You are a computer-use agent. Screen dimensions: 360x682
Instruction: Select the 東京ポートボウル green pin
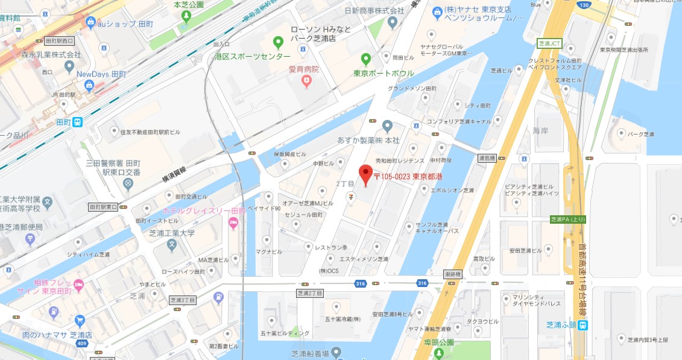[x=365, y=59]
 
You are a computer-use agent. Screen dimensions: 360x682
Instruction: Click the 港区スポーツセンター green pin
[x=278, y=42]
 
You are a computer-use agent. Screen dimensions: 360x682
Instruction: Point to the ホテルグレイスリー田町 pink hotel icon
[x=233, y=224]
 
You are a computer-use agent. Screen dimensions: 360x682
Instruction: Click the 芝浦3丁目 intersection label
[x=184, y=298]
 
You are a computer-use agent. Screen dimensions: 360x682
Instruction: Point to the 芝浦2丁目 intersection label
[x=311, y=293]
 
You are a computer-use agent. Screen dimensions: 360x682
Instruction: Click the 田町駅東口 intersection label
[x=103, y=207]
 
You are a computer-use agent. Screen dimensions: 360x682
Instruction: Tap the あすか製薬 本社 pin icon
[x=387, y=125]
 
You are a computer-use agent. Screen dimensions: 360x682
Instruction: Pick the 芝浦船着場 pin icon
[x=336, y=352]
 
